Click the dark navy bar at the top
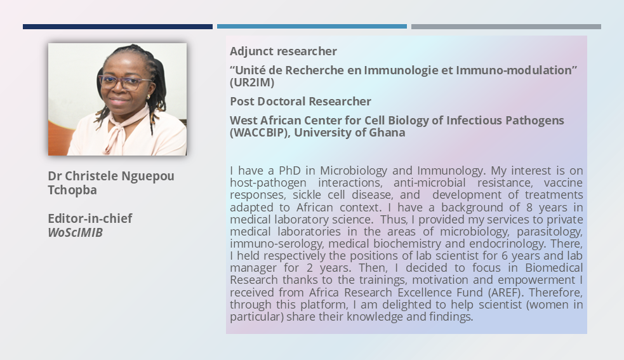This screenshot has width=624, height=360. pos(117,27)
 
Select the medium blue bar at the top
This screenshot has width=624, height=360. pos(312,27)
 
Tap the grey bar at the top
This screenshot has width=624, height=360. pos(506,27)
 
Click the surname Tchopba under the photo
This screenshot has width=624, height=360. pos(72,190)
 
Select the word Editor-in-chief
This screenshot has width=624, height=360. pos(90,218)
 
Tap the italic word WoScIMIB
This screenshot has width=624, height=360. pos(75,232)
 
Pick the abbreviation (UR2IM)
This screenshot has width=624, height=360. pos(252,83)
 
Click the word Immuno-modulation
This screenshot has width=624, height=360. pos(514,70)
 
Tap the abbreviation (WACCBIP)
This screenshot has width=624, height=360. pos(260,133)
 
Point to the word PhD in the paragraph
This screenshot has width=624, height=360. pos(289,170)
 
